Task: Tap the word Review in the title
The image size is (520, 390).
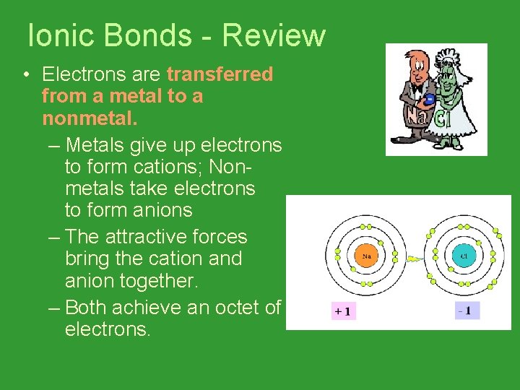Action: [274, 35]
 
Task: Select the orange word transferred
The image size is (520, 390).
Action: [220, 74]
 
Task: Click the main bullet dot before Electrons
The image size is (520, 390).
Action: [25, 75]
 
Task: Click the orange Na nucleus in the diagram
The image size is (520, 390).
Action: [366, 255]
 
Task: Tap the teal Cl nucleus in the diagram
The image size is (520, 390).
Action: [464, 255]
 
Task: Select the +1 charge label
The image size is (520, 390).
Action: [342, 311]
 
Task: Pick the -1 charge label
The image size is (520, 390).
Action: [467, 311]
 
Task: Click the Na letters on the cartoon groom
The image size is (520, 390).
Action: [416, 116]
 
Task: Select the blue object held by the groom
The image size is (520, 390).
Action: [429, 99]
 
